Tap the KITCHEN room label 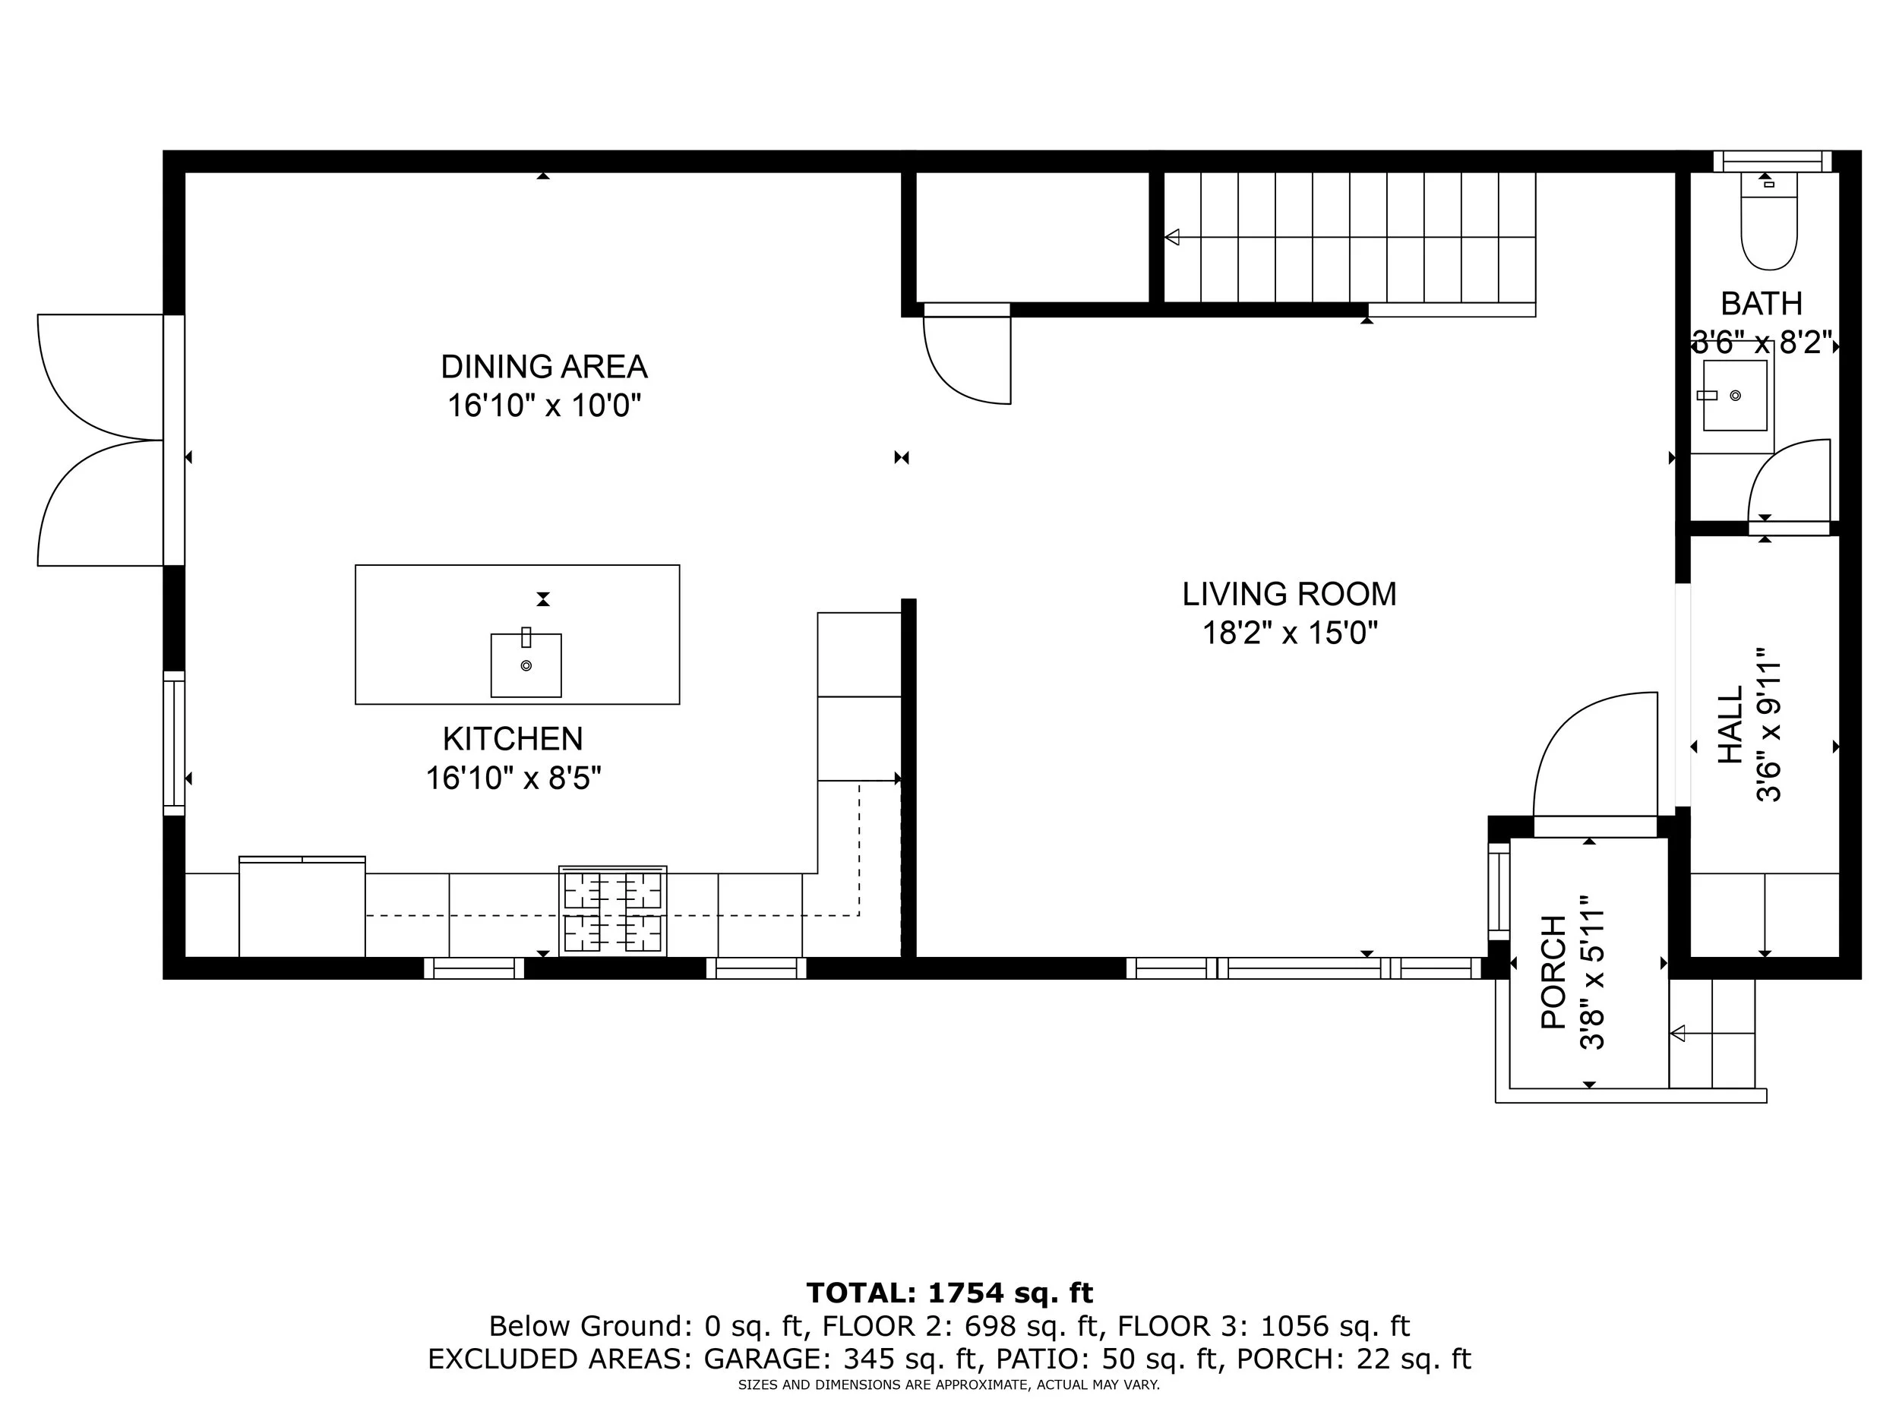coord(513,739)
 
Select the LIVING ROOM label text coord(1290,594)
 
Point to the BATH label coord(1762,304)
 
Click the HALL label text coord(1730,725)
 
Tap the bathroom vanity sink coord(1734,396)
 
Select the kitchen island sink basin coord(526,665)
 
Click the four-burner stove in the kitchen coord(613,911)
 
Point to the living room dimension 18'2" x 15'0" coord(1290,633)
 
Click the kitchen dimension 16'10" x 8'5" coord(513,778)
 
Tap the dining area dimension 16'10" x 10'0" coord(545,405)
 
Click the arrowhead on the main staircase coord(1172,237)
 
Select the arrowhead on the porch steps coord(1677,1034)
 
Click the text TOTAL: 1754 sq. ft coord(950,1292)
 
